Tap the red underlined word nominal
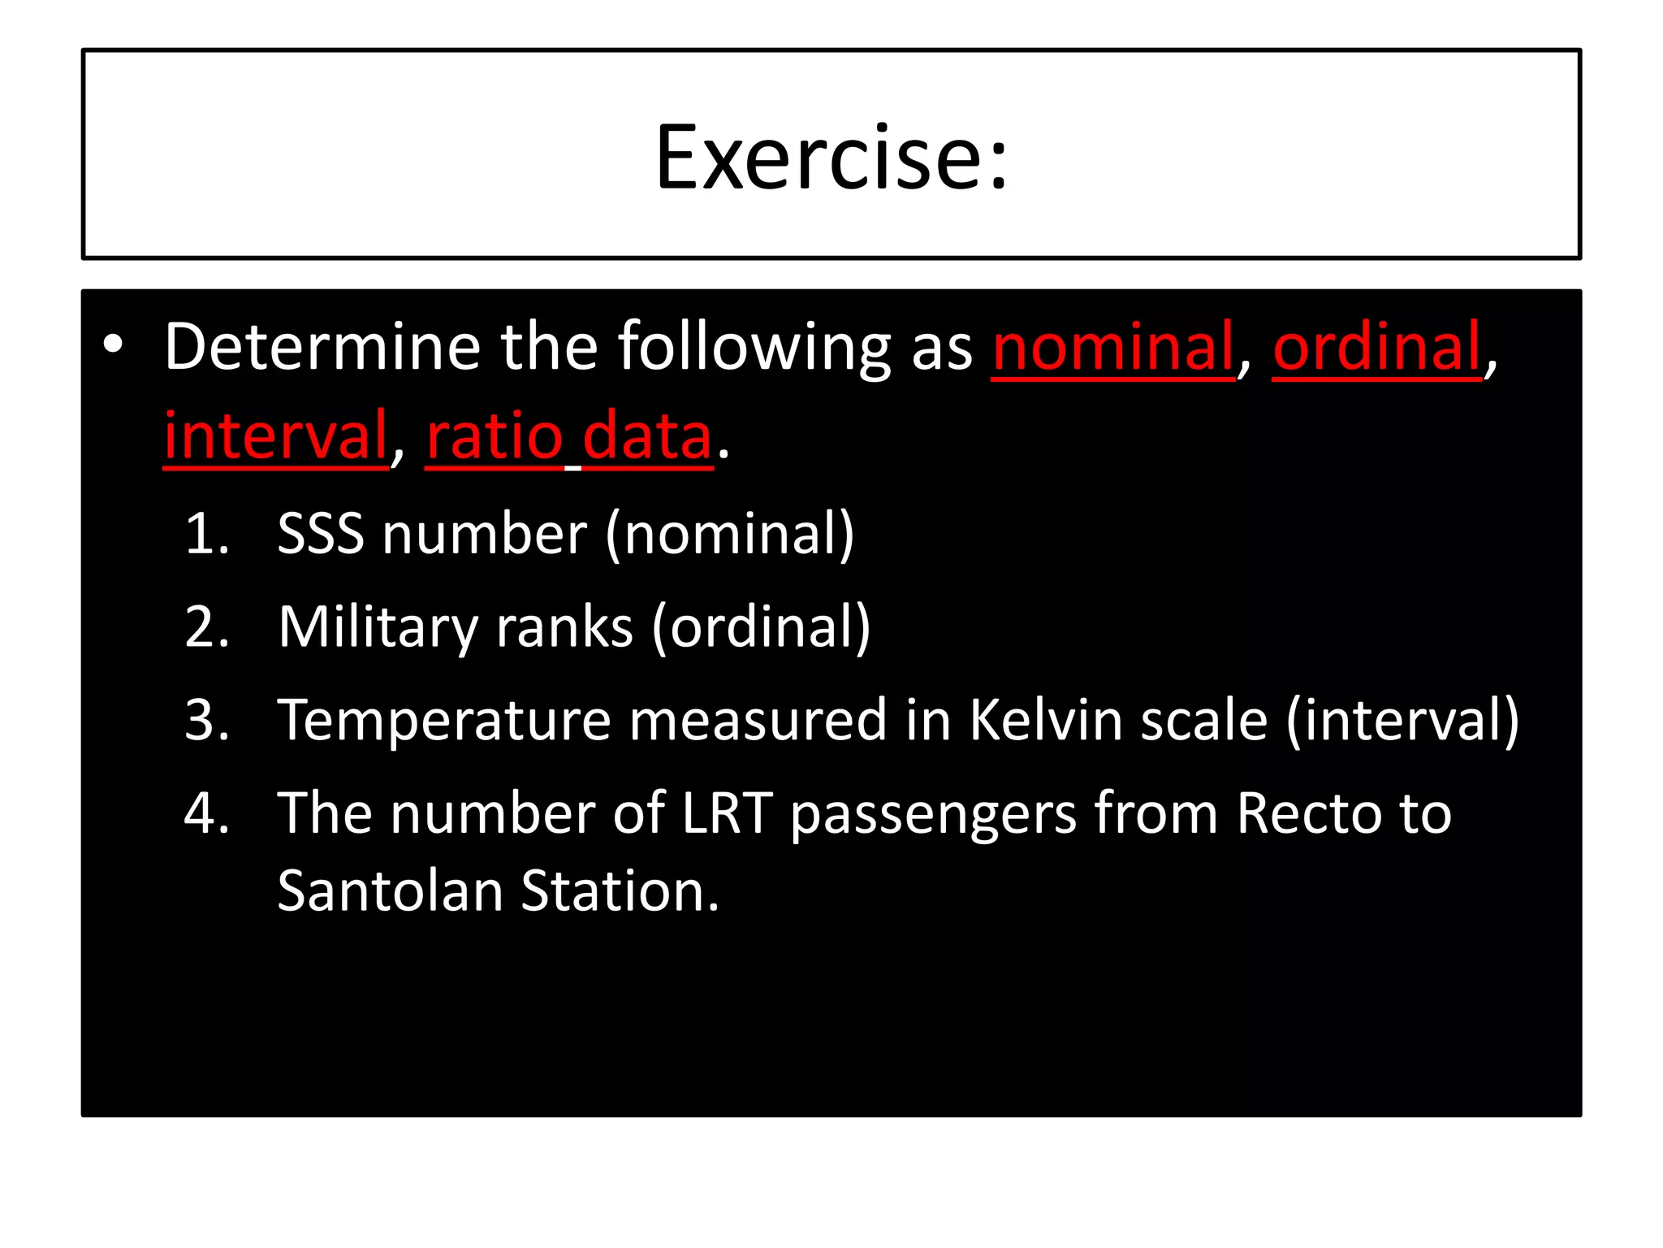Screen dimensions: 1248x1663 coord(1112,347)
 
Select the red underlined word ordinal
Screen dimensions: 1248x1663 coord(1376,347)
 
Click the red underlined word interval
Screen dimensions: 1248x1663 coord(276,436)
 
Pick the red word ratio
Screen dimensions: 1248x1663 coord(495,436)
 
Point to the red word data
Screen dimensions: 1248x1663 coord(647,436)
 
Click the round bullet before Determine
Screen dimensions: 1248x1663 coord(114,346)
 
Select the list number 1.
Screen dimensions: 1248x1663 coord(206,535)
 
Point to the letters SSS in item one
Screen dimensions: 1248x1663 coord(321,535)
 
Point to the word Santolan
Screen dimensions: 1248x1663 coord(391,890)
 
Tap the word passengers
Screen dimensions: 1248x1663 coord(933,814)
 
